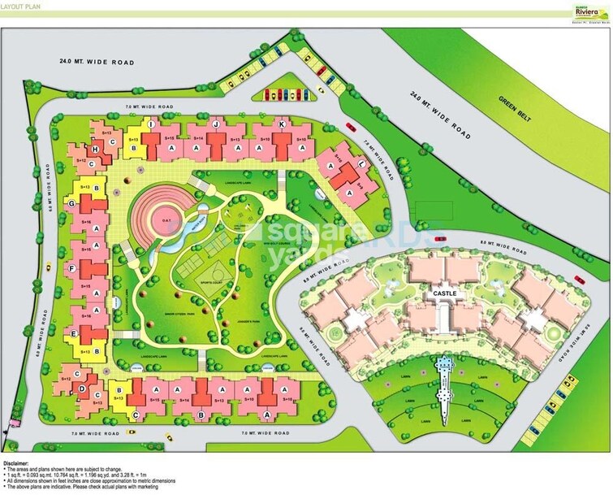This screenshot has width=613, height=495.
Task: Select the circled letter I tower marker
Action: coord(151,123)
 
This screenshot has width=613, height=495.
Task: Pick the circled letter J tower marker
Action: coord(216,123)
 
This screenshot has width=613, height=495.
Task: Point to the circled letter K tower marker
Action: coord(281,124)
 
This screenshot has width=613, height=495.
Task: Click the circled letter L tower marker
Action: coord(360,163)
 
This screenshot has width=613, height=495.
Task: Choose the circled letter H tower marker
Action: coord(96,150)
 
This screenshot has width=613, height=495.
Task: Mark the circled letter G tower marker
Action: coord(73,204)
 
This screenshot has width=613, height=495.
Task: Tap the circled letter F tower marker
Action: coord(73,269)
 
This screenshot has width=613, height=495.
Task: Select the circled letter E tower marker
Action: coord(74,333)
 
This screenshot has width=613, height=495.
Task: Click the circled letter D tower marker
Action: coord(82,389)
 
